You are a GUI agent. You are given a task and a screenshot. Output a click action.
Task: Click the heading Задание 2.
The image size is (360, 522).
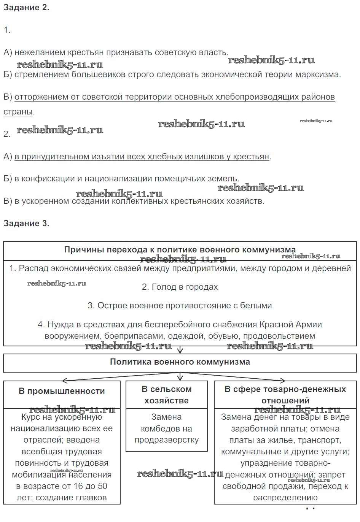26,8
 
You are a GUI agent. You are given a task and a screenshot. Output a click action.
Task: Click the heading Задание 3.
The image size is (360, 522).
26,223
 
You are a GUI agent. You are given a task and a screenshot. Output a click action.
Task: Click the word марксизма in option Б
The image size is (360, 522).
320,75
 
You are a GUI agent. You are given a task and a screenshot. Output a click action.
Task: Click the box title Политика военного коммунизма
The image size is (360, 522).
180,362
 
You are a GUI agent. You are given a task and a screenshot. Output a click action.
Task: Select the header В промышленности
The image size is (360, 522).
62,391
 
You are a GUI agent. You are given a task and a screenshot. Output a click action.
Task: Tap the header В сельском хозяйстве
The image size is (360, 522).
167,395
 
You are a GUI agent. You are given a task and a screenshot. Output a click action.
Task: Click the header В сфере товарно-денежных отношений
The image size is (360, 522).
285,395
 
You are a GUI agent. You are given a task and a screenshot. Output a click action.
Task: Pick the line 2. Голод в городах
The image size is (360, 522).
180,287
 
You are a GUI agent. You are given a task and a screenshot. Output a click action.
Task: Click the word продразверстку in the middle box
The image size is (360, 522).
167,440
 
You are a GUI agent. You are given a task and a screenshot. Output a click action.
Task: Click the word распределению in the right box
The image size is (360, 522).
285,497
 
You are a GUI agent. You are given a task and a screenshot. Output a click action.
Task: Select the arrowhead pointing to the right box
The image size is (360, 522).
282,380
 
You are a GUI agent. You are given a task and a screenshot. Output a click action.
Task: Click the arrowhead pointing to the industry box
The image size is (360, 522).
65,380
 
